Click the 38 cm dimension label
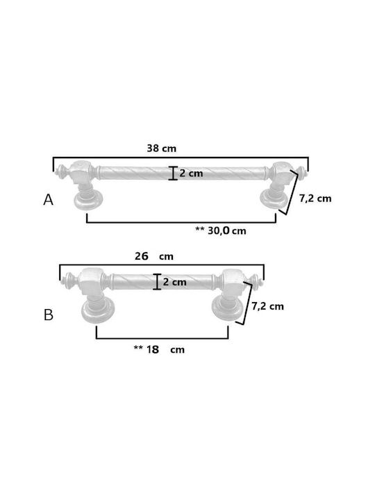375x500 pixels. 161,149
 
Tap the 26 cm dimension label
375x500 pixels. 154,256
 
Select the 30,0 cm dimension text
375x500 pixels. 226,231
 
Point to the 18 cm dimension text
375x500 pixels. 165,349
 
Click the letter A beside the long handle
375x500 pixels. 48,200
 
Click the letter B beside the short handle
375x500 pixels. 49,315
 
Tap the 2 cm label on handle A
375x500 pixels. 191,173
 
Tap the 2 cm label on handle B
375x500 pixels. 174,282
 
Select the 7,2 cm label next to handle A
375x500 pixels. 315,199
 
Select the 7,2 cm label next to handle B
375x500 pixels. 267,306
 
